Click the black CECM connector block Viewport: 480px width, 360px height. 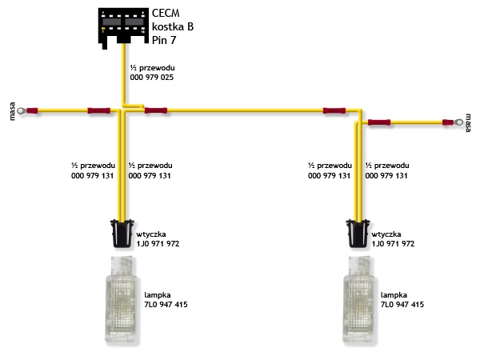123,26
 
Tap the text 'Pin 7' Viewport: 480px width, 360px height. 164,40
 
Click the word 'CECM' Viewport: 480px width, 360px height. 166,13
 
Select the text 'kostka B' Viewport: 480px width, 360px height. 173,26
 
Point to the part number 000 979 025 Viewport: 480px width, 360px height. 152,77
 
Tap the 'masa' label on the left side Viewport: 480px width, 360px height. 12,111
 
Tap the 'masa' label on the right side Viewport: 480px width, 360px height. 468,122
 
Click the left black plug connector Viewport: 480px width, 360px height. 122,234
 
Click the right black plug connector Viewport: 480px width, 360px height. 358,234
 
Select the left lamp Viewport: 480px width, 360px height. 122,299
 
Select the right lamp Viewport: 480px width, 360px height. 358,299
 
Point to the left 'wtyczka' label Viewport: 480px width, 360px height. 151,234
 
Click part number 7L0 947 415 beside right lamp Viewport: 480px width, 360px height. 402,305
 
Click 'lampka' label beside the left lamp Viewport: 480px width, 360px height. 158,295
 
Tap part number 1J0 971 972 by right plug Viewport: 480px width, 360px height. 393,244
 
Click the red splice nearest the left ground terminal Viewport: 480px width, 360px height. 32,110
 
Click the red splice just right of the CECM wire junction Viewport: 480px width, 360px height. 156,110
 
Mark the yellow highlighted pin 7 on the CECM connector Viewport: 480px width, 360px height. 103,30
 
